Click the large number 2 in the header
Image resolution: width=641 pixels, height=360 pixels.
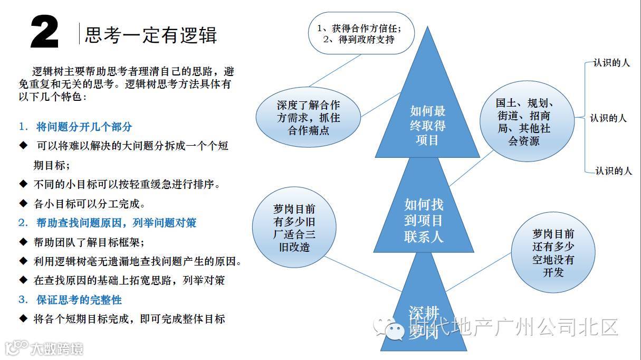(x=44, y=33)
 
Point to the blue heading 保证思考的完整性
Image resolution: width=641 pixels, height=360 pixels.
(x=79, y=300)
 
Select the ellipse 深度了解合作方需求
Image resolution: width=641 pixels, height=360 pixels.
(x=308, y=117)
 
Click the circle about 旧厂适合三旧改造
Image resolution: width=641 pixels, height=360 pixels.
(x=291, y=228)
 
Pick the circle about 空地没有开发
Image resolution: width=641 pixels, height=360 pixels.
(x=553, y=253)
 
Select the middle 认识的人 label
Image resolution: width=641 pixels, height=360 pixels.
(x=608, y=118)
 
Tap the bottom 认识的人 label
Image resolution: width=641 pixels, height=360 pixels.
(x=613, y=170)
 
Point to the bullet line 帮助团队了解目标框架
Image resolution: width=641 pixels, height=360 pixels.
(x=89, y=242)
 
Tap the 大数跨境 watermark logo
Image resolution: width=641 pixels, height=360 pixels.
(x=44, y=349)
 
